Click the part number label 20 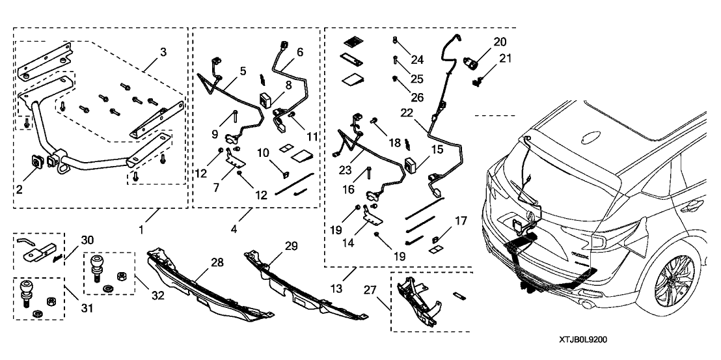click(500, 41)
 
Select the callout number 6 click(300, 51)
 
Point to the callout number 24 click(416, 61)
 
